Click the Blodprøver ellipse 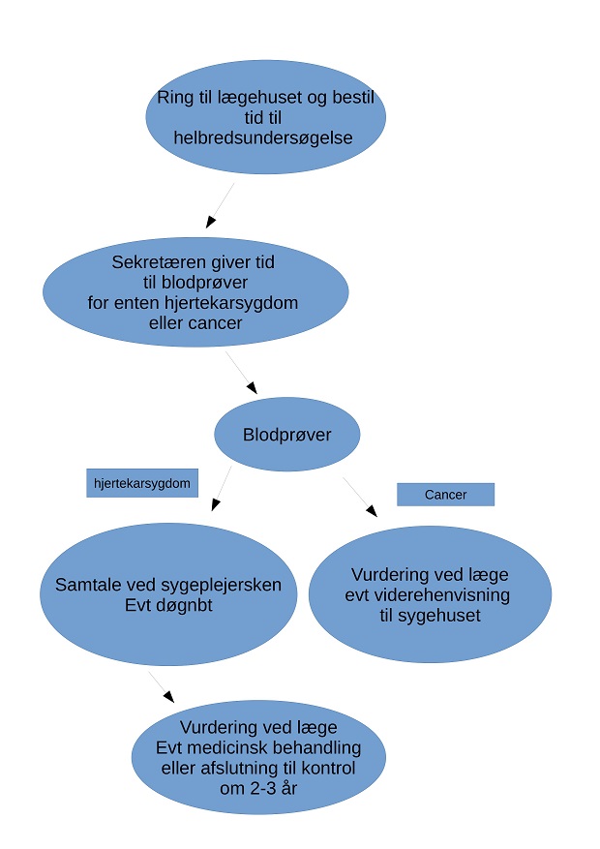tap(286, 435)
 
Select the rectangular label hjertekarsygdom tap(141, 482)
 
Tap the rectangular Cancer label tap(445, 495)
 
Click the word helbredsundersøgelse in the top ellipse tap(262, 137)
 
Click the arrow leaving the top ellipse tap(220, 205)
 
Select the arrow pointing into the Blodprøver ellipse tap(242, 373)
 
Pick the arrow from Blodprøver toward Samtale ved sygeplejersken tap(222, 488)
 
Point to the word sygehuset tap(444, 615)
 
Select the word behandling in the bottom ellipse tap(314, 747)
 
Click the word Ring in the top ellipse tap(176, 97)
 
